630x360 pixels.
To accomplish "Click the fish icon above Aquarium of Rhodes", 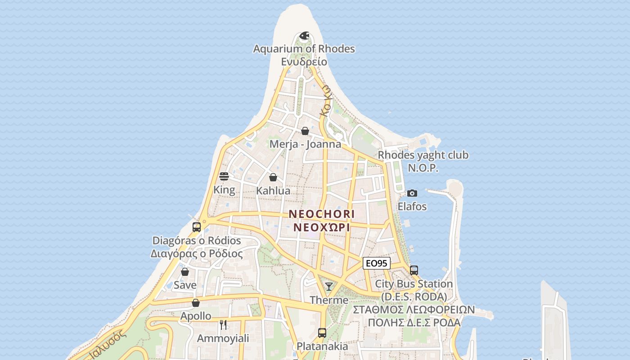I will coord(305,36).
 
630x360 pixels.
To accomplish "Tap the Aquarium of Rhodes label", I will coord(304,49).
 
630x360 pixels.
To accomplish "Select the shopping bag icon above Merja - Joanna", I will coord(305,131).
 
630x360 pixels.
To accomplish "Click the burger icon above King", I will coord(224,176).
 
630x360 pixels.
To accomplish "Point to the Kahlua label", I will coord(273,191).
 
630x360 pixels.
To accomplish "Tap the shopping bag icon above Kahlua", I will coord(273,177).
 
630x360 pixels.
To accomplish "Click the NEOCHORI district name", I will coord(322,214).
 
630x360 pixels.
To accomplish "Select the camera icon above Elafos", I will coord(412,193).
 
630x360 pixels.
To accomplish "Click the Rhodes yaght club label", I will coord(423,155).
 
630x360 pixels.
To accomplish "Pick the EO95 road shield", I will coord(376,263).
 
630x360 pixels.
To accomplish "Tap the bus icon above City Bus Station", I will coord(414,270).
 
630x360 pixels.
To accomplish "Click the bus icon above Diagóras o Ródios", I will coord(197,227).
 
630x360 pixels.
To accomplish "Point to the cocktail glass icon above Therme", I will coord(329,287).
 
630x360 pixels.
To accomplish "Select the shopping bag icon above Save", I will coord(185,272).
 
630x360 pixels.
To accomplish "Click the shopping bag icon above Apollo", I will coord(196,303).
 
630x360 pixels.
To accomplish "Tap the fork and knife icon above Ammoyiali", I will coord(223,324).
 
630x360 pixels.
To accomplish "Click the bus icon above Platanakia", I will coord(322,333).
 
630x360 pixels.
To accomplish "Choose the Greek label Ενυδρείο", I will coord(304,62).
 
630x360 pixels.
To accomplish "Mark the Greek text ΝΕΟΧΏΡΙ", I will coord(322,227).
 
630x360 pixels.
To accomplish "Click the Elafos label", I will coord(412,207).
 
